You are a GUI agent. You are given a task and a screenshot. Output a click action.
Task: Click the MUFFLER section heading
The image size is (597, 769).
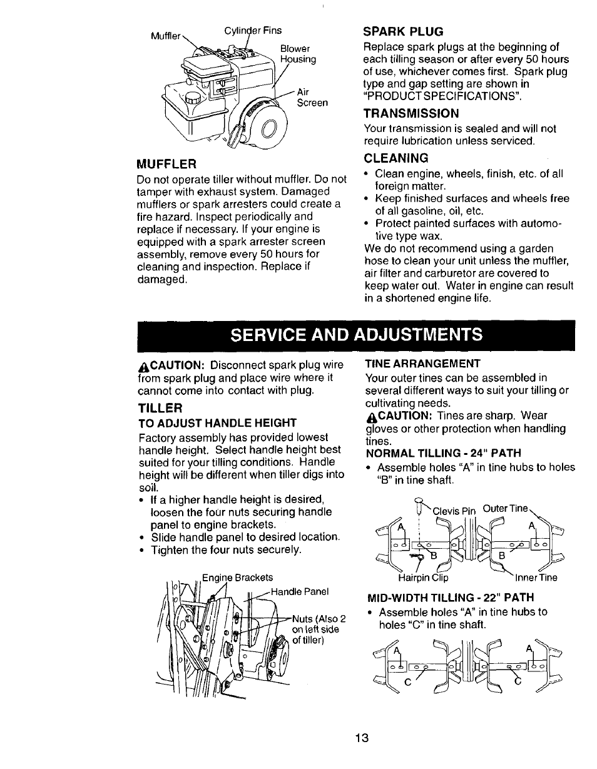(167, 164)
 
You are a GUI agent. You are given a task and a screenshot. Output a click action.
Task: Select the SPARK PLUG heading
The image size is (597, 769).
(404, 31)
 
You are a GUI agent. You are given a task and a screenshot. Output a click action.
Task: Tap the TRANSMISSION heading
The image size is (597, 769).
(411, 113)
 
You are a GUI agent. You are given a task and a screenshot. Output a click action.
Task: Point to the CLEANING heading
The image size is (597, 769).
(396, 158)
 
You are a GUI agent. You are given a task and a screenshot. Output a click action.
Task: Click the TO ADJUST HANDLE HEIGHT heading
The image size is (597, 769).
(217, 422)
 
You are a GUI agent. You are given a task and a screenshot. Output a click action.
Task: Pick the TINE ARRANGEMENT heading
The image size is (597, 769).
(422, 364)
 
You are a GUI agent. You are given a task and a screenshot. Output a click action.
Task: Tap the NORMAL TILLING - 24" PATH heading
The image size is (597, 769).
(443, 452)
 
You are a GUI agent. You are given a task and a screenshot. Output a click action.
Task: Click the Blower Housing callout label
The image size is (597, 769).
(297, 54)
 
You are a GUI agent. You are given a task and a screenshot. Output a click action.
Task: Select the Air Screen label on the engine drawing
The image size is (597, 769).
(312, 97)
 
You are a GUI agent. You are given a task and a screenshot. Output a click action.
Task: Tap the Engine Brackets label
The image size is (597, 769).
(237, 577)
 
